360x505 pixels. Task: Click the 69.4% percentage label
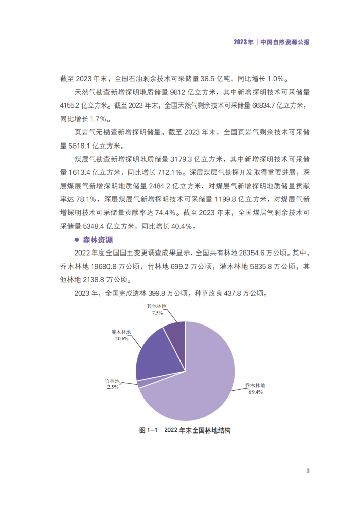[x=255, y=392]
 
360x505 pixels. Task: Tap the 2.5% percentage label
[x=112, y=387]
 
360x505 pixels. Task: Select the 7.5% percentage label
[x=157, y=313]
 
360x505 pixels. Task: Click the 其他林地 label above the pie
[x=157, y=306]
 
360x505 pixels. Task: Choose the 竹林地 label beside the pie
[x=112, y=381]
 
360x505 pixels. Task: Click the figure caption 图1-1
[x=149, y=430]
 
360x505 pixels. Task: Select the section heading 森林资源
[x=99, y=239]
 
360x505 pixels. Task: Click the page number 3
[x=308, y=471]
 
